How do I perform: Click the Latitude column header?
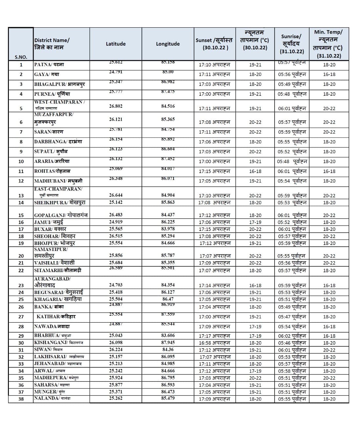[x=116, y=44]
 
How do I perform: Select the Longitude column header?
[x=168, y=44]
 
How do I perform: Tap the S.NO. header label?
[x=21, y=57]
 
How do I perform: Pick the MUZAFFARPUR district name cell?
[x=54, y=118]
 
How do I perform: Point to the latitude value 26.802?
[x=116, y=106]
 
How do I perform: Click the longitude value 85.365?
[x=168, y=119]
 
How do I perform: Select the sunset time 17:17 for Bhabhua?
[x=214, y=336]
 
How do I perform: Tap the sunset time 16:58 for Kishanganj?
[x=214, y=343]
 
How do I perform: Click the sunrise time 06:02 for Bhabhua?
[x=292, y=336]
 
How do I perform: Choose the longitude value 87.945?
[x=168, y=342]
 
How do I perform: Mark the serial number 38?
[x=21, y=399]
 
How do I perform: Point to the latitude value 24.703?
[x=116, y=285]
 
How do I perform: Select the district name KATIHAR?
[x=56, y=316]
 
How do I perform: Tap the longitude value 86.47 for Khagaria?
[x=168, y=299]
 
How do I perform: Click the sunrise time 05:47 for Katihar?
[x=292, y=317]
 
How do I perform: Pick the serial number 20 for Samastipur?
[x=21, y=256]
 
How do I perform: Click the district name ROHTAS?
[x=52, y=171]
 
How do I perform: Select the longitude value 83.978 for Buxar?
[x=168, y=229]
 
